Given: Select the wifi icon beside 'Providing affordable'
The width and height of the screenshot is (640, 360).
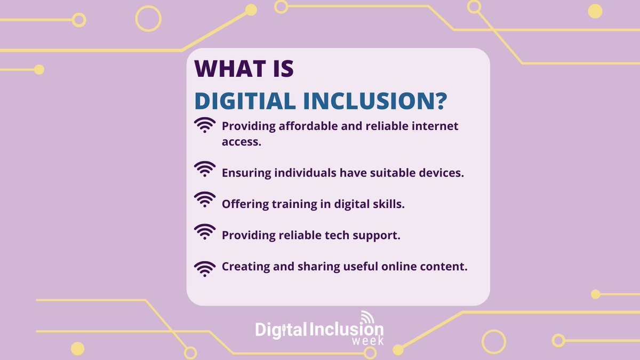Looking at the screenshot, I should (205, 126).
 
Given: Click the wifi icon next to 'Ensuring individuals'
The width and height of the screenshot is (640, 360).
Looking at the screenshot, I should (205, 170).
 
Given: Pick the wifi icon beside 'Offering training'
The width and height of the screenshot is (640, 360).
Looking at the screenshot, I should (205, 200).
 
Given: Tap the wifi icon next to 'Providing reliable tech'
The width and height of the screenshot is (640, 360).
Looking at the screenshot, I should (205, 231).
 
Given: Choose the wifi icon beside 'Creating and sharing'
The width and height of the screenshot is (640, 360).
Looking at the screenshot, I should (205, 268).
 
